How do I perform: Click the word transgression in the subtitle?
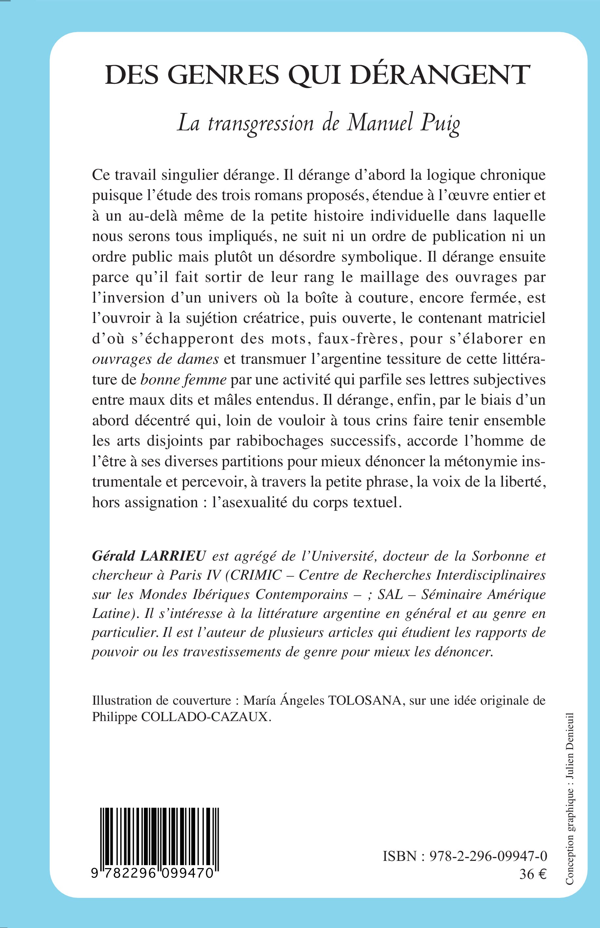(x=261, y=124)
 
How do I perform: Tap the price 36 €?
(x=533, y=874)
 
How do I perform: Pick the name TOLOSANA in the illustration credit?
(x=365, y=700)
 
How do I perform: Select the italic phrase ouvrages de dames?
(x=155, y=359)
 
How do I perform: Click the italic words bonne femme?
(x=183, y=380)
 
